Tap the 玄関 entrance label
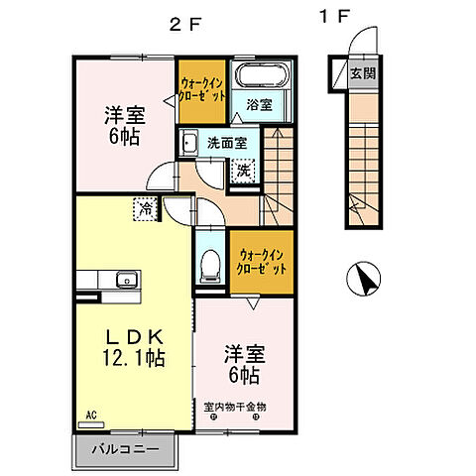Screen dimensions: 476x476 (362, 74)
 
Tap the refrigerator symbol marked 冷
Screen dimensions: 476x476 (146, 209)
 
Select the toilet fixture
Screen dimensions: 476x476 (209, 265)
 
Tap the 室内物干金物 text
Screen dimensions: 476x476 (235, 406)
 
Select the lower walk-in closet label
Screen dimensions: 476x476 (260, 262)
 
